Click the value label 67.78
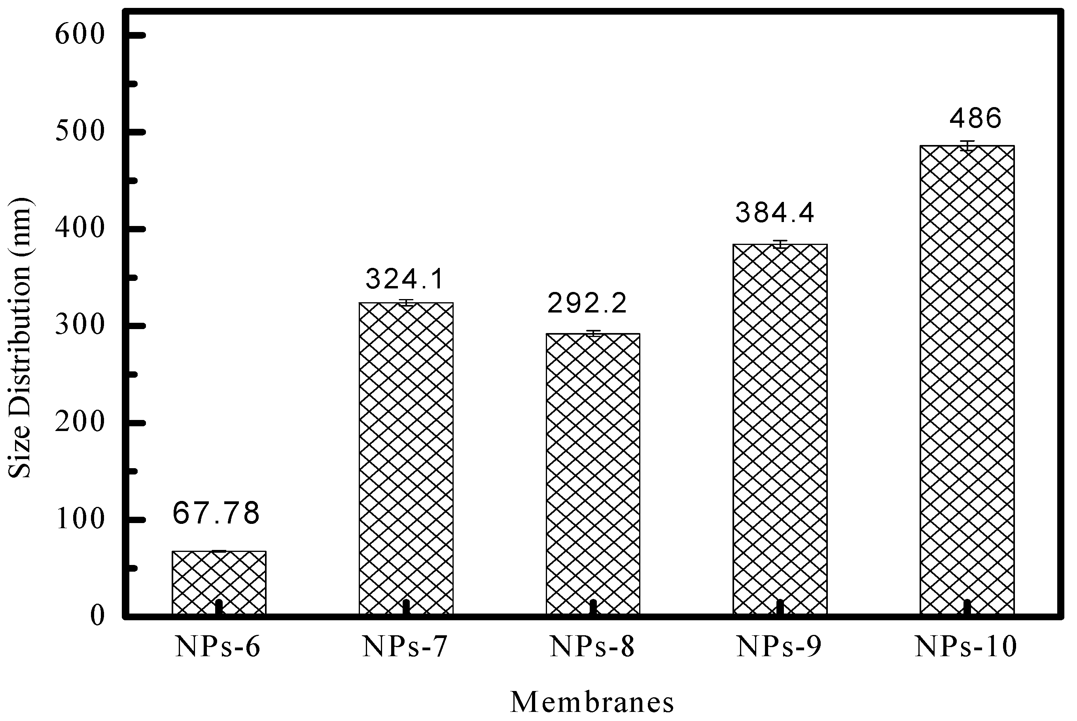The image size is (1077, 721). [x=216, y=514]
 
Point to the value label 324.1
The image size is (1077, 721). [x=405, y=279]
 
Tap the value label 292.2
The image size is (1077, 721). [x=587, y=303]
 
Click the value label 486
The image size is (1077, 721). [x=975, y=118]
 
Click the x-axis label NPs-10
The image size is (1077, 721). [x=965, y=647]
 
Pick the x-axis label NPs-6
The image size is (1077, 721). [x=218, y=647]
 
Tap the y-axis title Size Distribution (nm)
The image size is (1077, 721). [x=19, y=338]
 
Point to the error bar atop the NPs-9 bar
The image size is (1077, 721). [x=780, y=244]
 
